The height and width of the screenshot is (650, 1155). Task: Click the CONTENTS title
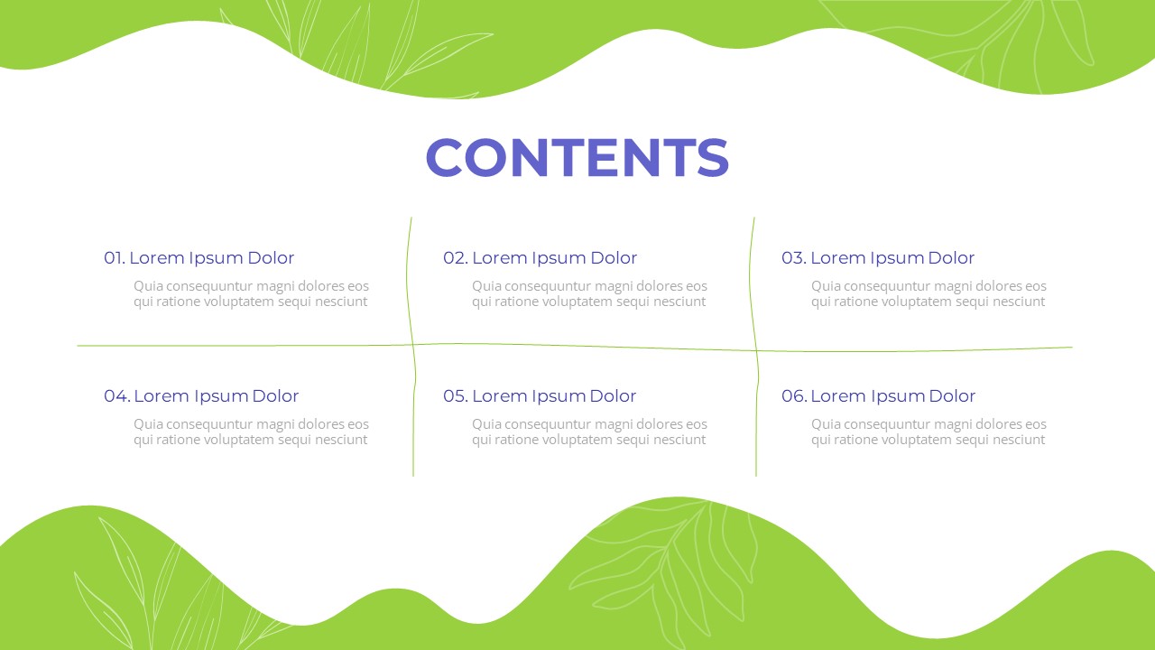577,157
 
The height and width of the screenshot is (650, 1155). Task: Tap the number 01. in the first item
115,257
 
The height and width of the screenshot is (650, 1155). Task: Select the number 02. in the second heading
456,257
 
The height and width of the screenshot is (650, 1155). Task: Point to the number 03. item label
794,257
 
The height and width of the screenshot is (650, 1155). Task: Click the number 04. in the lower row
117,395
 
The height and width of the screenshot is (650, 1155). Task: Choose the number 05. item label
456,395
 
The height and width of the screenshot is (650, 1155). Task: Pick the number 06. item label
794,395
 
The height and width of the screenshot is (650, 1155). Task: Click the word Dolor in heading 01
271,257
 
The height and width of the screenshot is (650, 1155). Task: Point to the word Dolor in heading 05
613,395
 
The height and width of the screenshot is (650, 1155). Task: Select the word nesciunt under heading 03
1024,302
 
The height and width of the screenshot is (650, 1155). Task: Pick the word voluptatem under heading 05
578,440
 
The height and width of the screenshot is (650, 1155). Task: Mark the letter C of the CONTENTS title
444,157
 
